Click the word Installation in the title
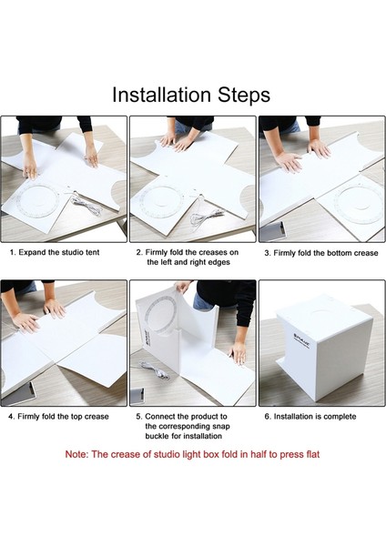coord(162,95)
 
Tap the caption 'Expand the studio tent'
coord(59,252)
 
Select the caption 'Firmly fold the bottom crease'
coord(326,253)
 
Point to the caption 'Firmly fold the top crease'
coord(63,417)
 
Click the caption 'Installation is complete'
coord(315,417)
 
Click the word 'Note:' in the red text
coord(77,454)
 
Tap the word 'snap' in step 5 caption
coord(221,426)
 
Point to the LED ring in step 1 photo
coord(36,201)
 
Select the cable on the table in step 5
coord(155,369)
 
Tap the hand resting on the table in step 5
coord(238,352)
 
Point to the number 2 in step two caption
coord(139,252)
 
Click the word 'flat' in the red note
coord(312,454)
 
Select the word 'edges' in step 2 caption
coord(218,262)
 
